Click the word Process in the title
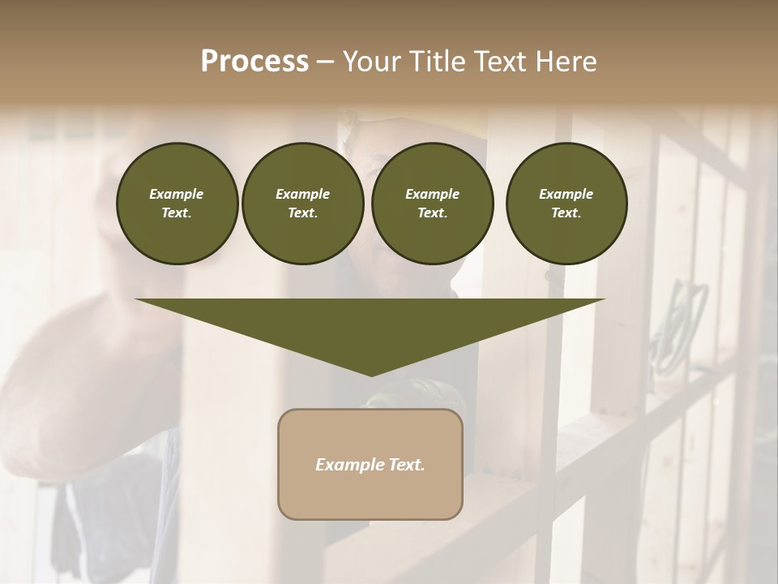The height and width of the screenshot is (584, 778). click(x=254, y=62)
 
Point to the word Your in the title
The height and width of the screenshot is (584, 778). click(x=371, y=62)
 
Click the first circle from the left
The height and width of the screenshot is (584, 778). click(x=177, y=204)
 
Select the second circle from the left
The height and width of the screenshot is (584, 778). click(x=303, y=204)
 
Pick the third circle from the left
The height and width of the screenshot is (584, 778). click(x=432, y=204)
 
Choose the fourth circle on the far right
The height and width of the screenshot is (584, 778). click(x=566, y=204)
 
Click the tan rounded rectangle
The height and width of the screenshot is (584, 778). click(x=370, y=464)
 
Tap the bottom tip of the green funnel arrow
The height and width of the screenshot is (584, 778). click(x=371, y=375)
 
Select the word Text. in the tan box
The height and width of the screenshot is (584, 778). click(x=406, y=465)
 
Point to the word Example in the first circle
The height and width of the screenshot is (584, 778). click(x=177, y=194)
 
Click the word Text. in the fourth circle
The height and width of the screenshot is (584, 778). click(x=566, y=213)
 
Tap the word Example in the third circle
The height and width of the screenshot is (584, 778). click(x=432, y=194)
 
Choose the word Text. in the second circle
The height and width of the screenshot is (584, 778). click(x=303, y=213)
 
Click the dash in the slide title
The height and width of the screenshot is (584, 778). click(x=325, y=62)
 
